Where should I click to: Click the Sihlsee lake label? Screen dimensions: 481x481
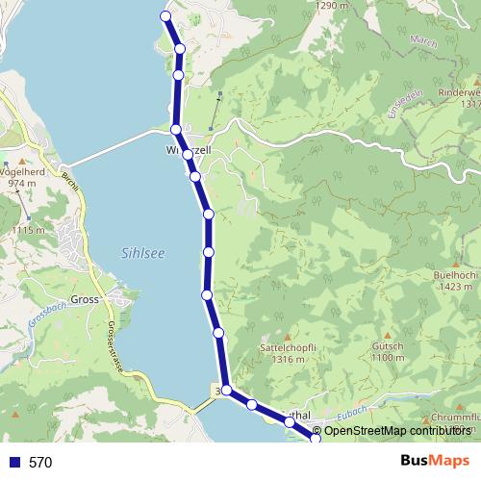click(140, 254)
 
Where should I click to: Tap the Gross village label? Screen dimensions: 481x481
click(86, 300)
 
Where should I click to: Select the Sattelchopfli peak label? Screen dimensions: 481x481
click(282, 349)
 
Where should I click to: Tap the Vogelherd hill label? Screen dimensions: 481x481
click(26, 173)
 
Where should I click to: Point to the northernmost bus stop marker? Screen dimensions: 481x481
click(165, 16)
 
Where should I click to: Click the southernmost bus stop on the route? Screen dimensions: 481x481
click(316, 440)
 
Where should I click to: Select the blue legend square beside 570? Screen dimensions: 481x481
click(13, 463)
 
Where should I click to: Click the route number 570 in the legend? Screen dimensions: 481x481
click(40, 463)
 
